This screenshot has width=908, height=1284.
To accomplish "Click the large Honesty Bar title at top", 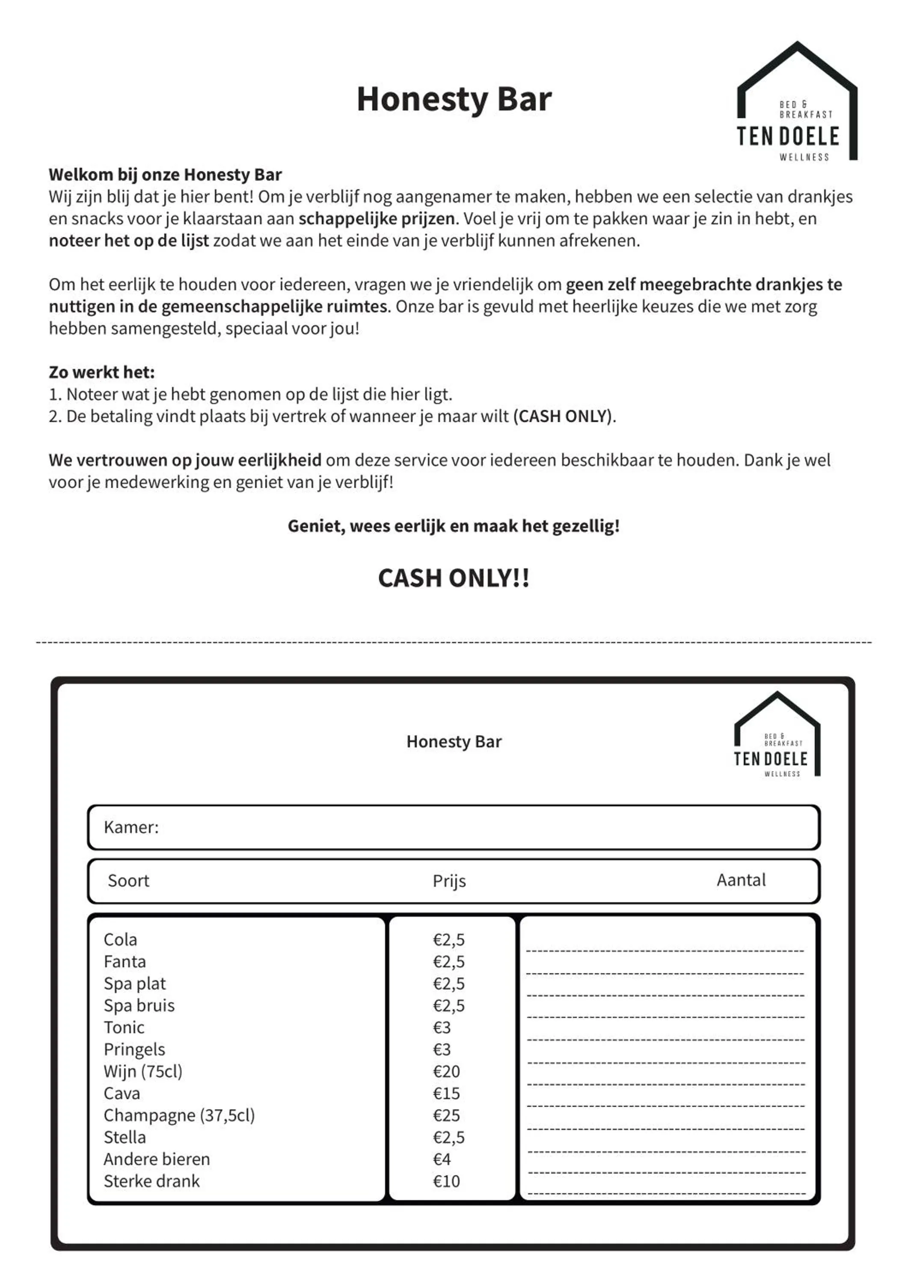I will coord(454,100).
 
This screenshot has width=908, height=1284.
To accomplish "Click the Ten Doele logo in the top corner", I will coord(797,104).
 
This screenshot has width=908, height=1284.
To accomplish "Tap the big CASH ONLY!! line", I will coord(454,578).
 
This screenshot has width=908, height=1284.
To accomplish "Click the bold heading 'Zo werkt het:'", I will coord(102,372).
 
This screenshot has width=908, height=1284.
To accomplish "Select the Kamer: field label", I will coord(131,827).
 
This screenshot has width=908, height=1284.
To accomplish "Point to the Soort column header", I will coord(129,881).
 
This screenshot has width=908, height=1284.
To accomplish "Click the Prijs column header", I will coord(449,881).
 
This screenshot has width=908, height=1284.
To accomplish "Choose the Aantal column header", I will coord(741,880).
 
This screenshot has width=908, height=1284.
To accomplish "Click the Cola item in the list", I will coord(120,939).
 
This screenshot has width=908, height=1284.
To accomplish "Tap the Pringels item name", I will coord(134,1050).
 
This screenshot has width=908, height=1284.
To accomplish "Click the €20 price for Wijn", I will coord(446,1071).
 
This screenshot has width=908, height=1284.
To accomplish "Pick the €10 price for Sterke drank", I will coord(446,1181).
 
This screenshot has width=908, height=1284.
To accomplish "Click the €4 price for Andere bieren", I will coord(442,1159).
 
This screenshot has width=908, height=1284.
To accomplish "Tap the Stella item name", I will coord(125,1138).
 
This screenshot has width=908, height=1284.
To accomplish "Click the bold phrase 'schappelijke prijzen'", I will coord(376,219).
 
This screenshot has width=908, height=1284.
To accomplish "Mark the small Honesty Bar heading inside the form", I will coord(454,742).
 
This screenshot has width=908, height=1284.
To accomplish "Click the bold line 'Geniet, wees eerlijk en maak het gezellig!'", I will coord(454,526).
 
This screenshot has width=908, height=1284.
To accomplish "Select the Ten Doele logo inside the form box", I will coord(777,735).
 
